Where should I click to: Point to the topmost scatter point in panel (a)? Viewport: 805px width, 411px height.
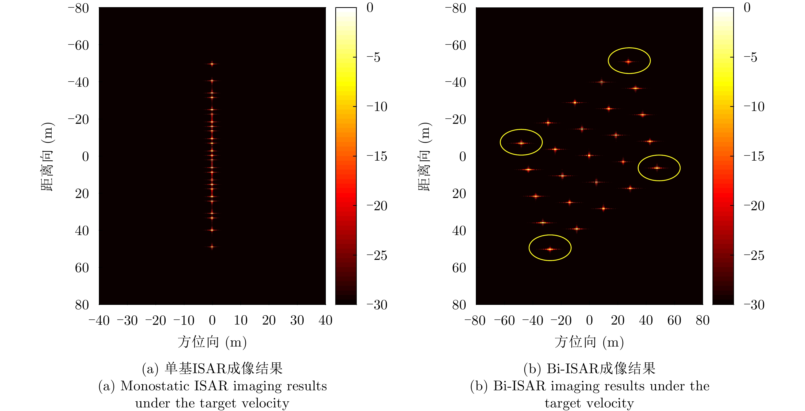tap(212, 64)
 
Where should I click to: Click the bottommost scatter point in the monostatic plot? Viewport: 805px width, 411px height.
tap(212, 247)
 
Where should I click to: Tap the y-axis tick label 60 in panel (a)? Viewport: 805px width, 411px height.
tap(82, 268)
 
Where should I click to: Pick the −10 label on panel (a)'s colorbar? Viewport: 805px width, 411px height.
tap(377, 107)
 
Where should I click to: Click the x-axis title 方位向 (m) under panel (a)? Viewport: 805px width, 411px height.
tap(212, 342)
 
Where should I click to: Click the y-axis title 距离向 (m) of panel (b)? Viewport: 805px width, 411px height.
tap(425, 156)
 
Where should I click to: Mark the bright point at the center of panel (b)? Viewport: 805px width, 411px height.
tap(589, 155)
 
